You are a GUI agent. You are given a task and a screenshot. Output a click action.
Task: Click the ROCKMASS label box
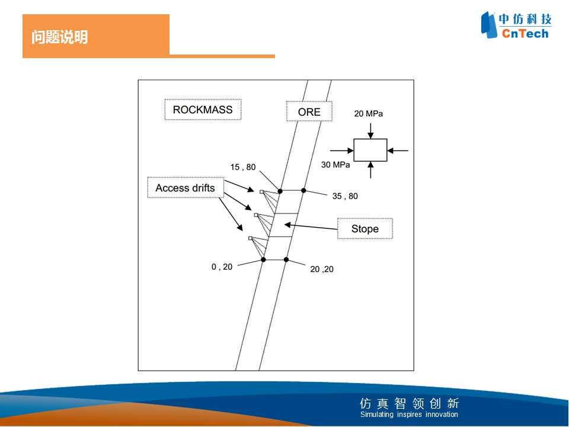coord(203,110)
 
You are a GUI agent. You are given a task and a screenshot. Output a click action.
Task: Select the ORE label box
coord(309,111)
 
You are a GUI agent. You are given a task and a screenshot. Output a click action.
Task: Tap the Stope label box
coord(365,229)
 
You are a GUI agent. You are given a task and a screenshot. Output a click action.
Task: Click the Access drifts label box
coord(186,188)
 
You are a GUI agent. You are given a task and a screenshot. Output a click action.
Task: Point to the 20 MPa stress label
coord(368,114)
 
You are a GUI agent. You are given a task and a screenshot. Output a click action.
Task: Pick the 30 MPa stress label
coord(335,165)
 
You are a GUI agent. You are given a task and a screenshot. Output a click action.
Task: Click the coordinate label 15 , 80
coord(243,167)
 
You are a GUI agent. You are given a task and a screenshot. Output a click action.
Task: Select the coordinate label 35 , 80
coord(345,196)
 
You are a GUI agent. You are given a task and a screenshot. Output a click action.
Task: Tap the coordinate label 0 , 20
coord(222,267)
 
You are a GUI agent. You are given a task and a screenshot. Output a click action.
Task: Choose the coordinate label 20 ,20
coord(322,269)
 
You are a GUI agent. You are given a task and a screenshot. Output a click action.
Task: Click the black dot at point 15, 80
coord(280,191)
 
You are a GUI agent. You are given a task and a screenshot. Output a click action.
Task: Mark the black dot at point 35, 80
coord(303,190)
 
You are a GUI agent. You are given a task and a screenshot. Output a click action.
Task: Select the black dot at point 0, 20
coord(263,260)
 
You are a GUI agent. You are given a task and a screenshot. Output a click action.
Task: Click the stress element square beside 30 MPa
coord(370,139)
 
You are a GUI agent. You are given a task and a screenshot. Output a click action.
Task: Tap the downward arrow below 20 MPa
coord(370,131)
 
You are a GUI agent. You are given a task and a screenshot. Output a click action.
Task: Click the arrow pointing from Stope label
coord(311,227)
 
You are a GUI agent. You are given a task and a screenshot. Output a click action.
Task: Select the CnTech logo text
coord(525,34)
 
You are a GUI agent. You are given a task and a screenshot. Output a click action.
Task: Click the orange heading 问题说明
coord(59,37)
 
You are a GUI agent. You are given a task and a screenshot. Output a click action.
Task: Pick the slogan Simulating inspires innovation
coord(409,415)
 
